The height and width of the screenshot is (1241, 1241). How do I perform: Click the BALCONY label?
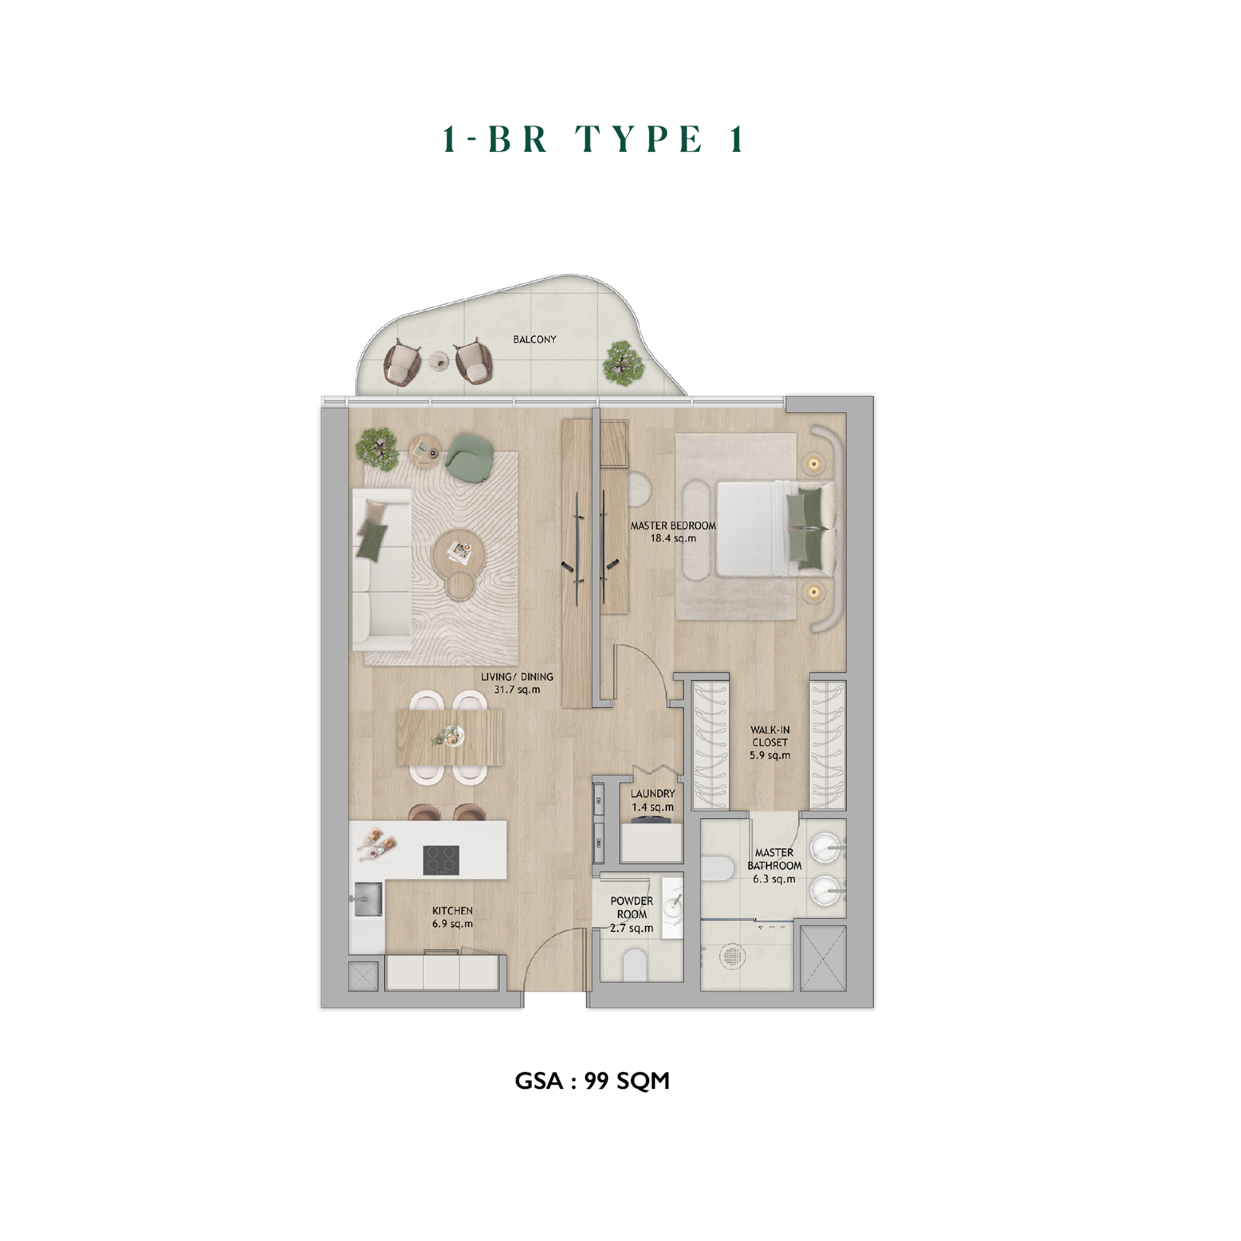tap(534, 339)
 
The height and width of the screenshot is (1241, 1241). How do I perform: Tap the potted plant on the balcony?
tap(623, 364)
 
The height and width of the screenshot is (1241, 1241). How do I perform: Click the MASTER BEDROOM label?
tap(673, 525)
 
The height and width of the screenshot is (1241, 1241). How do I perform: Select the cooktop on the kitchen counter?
tap(441, 860)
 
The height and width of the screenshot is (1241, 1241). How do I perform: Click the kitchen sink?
tap(367, 898)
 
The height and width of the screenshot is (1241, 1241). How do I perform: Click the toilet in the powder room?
tap(635, 965)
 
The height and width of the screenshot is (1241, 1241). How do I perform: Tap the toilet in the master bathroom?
tap(717, 868)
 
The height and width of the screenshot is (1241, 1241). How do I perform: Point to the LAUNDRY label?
tap(653, 793)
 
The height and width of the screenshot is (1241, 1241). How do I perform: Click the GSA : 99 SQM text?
tap(592, 1081)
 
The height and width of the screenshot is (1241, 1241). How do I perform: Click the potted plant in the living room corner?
tap(377, 448)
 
